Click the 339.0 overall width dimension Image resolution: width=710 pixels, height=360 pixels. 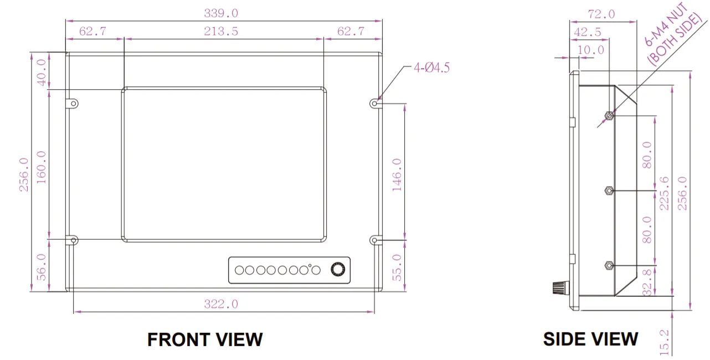221,13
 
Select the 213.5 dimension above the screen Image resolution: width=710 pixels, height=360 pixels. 221,32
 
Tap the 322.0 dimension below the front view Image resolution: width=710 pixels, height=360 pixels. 221,304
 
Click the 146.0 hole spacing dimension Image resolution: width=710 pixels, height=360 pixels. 397,176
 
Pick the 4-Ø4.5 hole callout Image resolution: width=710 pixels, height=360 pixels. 431,68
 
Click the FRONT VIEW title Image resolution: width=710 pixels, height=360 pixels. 205,340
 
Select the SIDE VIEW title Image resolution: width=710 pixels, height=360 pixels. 590,339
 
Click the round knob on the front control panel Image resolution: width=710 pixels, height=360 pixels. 338,270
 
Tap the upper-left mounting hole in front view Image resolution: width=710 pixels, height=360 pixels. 74,103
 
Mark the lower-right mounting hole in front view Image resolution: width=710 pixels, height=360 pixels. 375,240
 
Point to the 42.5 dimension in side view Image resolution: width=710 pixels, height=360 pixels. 588,32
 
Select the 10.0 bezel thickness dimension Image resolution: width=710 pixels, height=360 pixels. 590,50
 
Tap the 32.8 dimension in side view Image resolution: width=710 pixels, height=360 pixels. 647,281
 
